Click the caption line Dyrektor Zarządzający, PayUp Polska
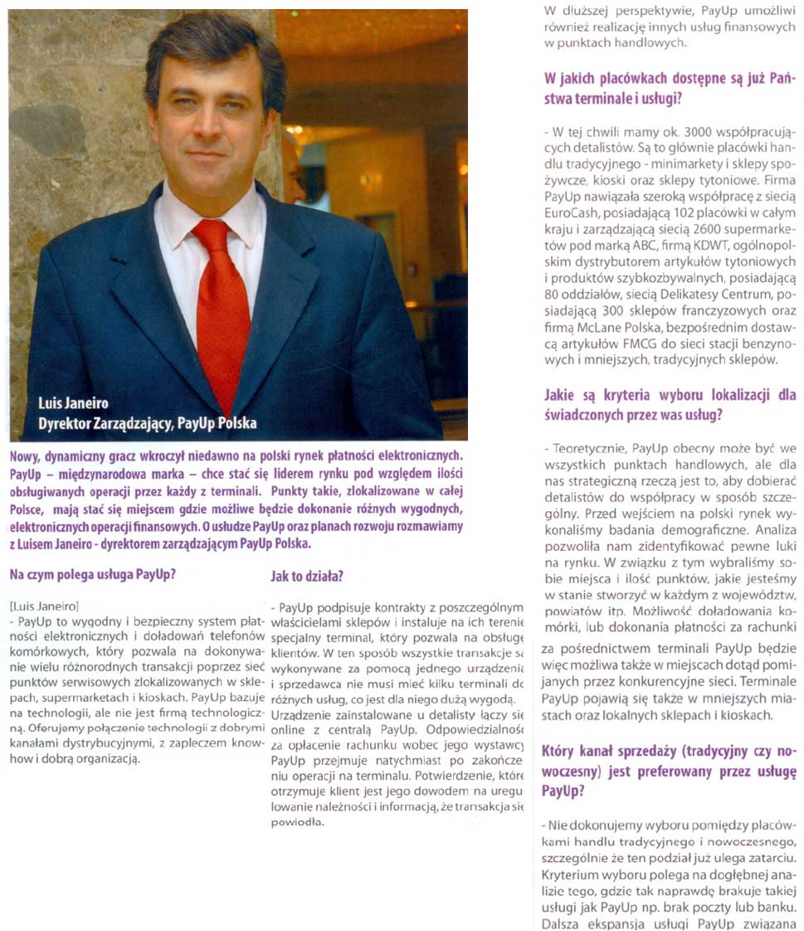coord(148,423)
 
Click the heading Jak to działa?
coord(307,575)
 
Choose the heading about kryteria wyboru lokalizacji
coord(670,403)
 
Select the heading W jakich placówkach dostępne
coord(670,89)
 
